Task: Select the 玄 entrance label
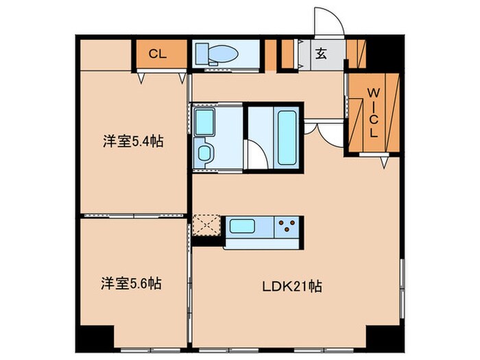pyautogui.click(x=321, y=53)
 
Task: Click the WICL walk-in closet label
pyautogui.click(x=373, y=112)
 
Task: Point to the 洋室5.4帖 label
pyautogui.click(x=133, y=143)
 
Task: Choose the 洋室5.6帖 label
pyautogui.click(x=133, y=283)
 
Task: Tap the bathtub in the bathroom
pyautogui.click(x=286, y=136)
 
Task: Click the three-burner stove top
pyautogui.click(x=288, y=225)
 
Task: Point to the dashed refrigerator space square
pyautogui.click(x=205, y=226)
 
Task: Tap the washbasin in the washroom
pyautogui.click(x=204, y=153)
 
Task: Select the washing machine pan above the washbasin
pyautogui.click(x=204, y=121)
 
